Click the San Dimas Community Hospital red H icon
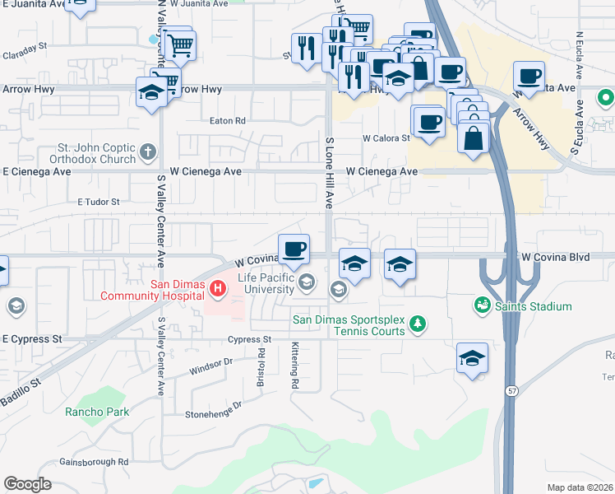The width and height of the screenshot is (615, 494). [x=218, y=288]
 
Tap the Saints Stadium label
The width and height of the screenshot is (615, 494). [x=532, y=306]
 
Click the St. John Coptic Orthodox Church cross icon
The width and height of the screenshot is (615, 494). [x=148, y=151]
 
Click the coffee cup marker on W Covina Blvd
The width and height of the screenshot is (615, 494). [x=294, y=249]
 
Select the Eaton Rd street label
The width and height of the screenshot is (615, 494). [x=228, y=121]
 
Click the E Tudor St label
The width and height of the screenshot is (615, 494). [x=99, y=201]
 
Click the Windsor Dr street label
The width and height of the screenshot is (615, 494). [x=210, y=361]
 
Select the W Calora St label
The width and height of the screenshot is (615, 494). [x=386, y=138]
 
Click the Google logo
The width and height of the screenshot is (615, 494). [x=27, y=484]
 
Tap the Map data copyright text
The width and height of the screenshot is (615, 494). [x=580, y=487]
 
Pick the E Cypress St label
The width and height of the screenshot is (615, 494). [x=32, y=338]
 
